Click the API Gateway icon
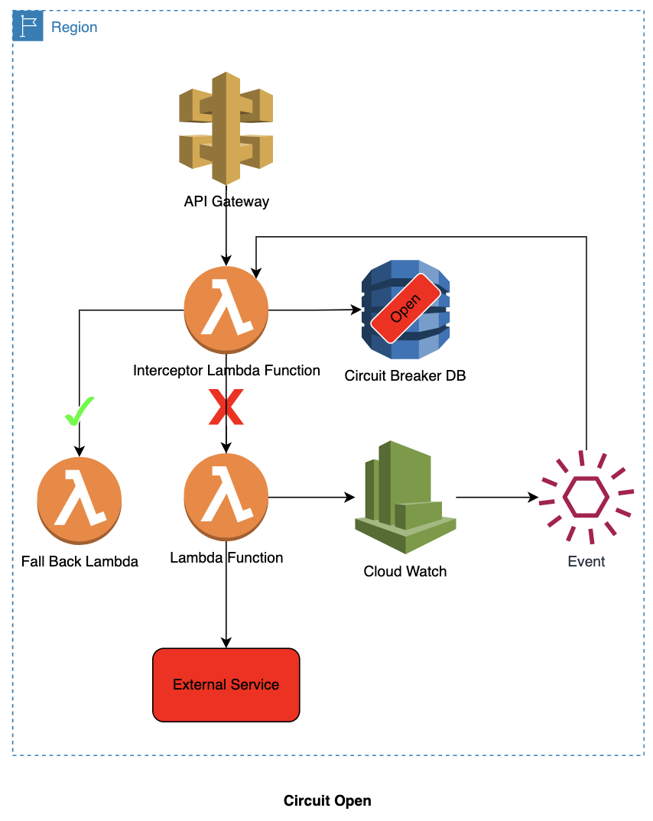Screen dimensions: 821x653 coord(226,128)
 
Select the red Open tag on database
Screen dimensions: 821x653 coord(406,312)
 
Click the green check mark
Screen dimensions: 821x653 coord(79,411)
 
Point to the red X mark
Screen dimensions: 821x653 coord(226,407)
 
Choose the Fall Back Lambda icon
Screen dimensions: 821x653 coord(80,498)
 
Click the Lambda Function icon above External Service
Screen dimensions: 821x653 coord(226,498)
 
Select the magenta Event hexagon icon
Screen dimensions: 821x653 coord(586,498)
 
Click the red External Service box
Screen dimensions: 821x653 coord(226,684)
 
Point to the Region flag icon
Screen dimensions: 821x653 coord(28,27)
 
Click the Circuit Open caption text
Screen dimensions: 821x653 coord(327,800)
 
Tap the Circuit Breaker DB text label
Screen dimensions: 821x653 coord(405,375)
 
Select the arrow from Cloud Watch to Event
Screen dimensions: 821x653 coord(497,498)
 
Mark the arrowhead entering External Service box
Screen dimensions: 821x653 coord(226,643)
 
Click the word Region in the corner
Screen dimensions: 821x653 coord(74,28)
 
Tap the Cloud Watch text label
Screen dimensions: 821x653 coord(405,571)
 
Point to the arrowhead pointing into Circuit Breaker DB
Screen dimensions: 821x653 coord(355,310)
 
